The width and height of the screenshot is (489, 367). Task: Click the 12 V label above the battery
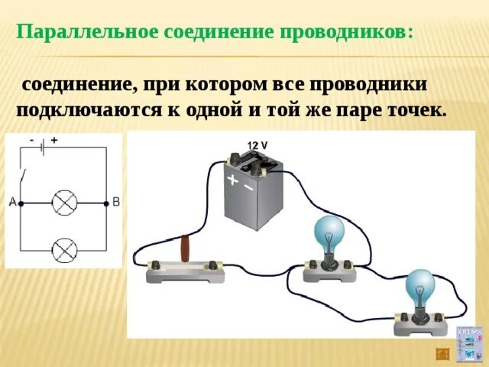click(x=257, y=145)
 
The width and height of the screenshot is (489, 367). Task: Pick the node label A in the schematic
click(x=12, y=203)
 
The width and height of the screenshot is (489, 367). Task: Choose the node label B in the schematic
click(x=116, y=203)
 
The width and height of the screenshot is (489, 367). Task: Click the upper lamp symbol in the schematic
click(x=63, y=203)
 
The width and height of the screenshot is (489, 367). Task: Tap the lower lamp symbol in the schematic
click(x=63, y=249)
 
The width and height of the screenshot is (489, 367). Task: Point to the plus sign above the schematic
click(x=55, y=141)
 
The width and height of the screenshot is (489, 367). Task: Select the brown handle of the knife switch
click(x=185, y=249)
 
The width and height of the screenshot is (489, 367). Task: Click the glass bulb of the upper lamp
click(x=332, y=232)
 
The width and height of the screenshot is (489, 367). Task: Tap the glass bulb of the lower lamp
click(x=419, y=285)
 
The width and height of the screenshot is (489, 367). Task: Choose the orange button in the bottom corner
click(x=442, y=353)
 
